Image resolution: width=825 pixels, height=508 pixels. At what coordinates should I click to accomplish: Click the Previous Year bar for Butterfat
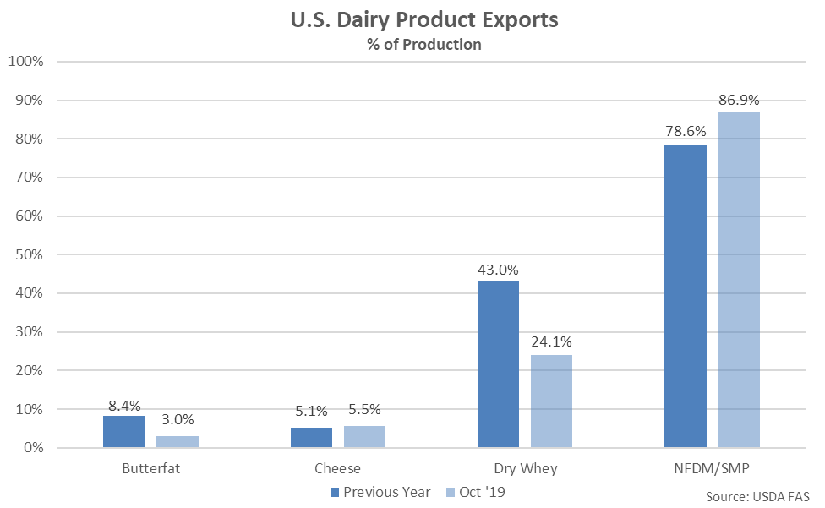coord(124,431)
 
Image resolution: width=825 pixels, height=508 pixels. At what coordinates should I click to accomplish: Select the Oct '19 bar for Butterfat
coord(178,441)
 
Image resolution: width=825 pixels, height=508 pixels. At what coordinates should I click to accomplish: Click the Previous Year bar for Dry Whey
coord(498,364)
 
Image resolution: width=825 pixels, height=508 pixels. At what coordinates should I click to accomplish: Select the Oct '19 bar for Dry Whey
coord(551,401)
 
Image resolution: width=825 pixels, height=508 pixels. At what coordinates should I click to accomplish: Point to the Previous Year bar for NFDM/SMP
coord(686,296)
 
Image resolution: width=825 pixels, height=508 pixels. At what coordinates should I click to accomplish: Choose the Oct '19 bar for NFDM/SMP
coord(739,280)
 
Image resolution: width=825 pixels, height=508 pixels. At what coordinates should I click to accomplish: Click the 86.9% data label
coord(739,100)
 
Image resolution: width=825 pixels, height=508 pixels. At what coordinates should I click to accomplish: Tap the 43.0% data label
coord(498,270)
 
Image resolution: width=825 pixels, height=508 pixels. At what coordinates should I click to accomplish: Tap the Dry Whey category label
coord(524,467)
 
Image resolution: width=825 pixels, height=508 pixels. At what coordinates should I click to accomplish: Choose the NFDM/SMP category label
coord(712,467)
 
